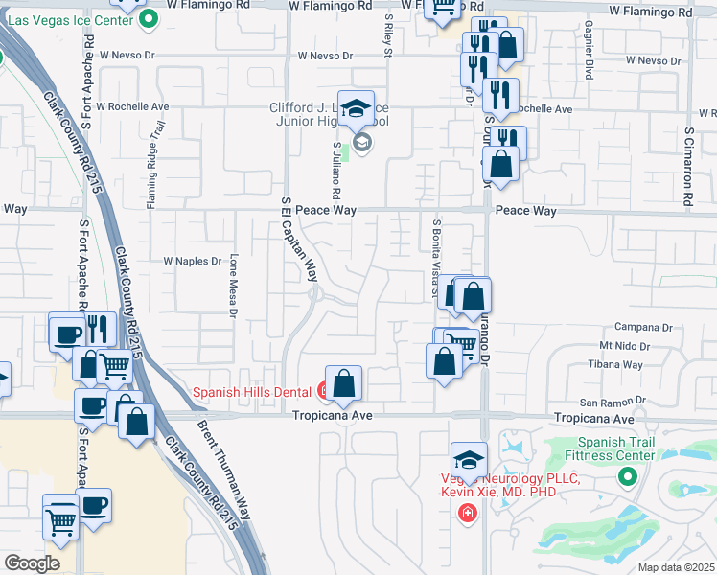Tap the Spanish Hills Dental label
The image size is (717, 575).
[x=253, y=391]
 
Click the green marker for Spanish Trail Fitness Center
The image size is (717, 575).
[x=628, y=476]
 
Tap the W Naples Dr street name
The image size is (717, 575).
[x=193, y=260]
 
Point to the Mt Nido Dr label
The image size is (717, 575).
[x=623, y=345]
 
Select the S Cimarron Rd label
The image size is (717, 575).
[x=689, y=167]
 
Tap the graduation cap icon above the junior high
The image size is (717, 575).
[x=356, y=108]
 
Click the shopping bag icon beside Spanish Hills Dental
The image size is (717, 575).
[x=343, y=384]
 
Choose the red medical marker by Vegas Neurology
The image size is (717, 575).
[x=468, y=515]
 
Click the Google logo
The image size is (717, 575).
[x=32, y=563]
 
